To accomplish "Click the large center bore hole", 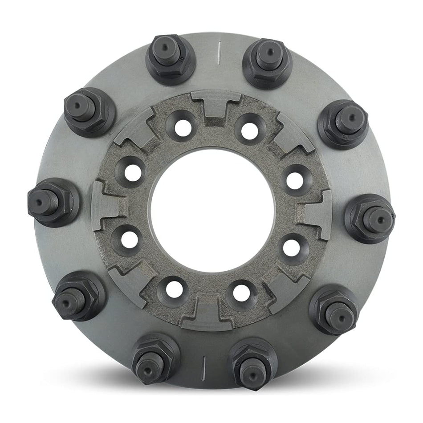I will (212, 211).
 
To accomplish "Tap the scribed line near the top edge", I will (219, 52).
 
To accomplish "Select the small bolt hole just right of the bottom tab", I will (241, 292).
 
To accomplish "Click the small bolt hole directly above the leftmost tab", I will (133, 173).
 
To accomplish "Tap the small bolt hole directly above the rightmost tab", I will (295, 180).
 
